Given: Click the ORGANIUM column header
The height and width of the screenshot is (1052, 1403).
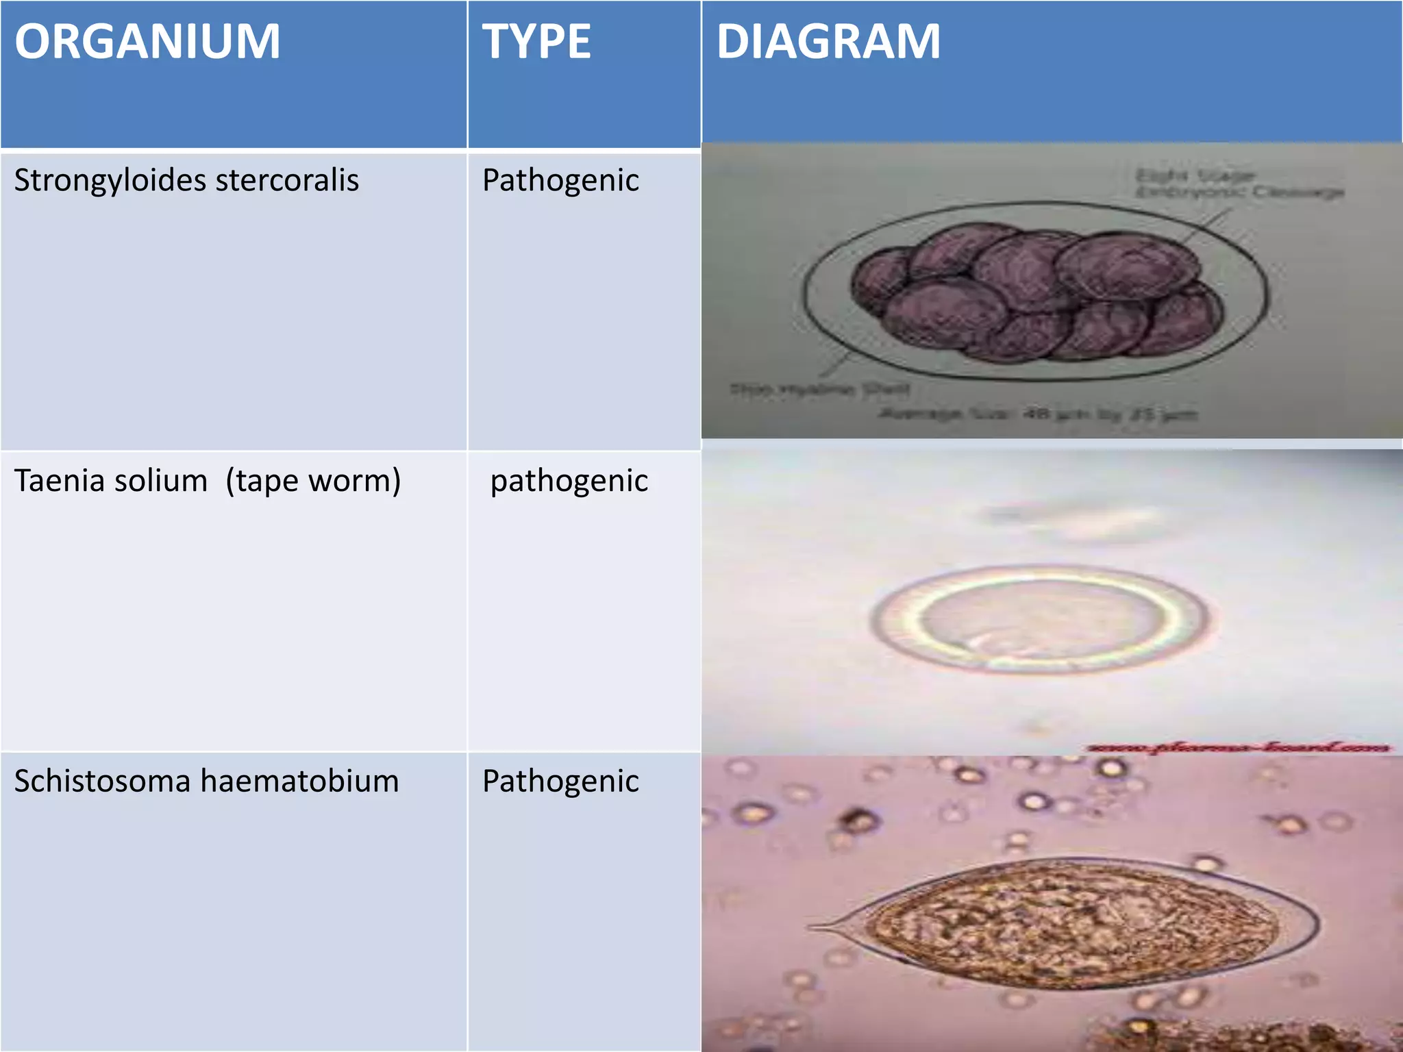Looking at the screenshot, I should [x=147, y=42].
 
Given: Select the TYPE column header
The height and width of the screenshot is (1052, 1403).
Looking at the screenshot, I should [x=536, y=42].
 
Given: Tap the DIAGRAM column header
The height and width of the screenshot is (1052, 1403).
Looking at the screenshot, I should [x=828, y=42].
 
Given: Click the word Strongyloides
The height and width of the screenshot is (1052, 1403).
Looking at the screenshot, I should [x=110, y=181].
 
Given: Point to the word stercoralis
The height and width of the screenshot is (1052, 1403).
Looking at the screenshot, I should [x=287, y=181].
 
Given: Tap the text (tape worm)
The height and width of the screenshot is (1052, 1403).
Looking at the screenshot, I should [x=313, y=481].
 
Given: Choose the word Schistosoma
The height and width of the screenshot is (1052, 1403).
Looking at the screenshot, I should [x=102, y=781].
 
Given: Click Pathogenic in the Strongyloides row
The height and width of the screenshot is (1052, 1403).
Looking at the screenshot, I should [x=560, y=181].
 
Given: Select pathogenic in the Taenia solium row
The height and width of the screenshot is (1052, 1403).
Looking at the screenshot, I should [x=569, y=481].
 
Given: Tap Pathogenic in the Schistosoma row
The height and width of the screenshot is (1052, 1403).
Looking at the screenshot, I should [x=560, y=781].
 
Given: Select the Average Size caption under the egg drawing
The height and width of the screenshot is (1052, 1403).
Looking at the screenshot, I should [x=1037, y=414].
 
